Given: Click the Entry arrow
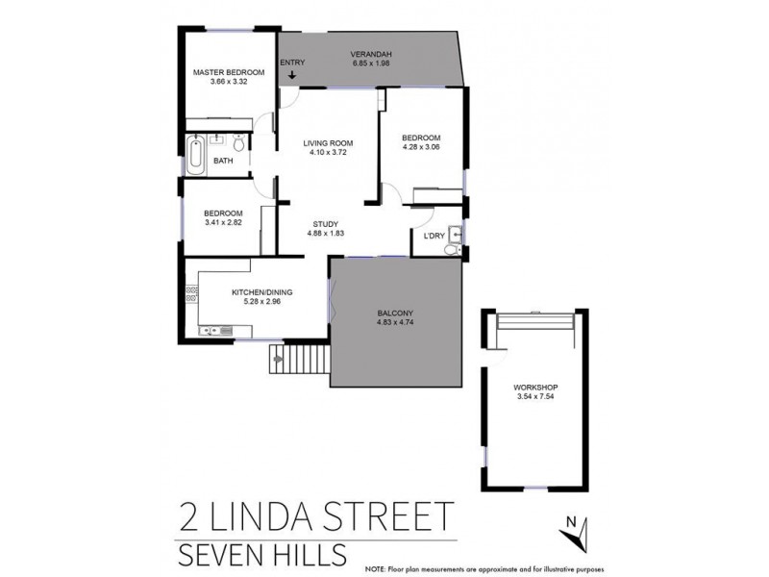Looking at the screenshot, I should coord(292,76).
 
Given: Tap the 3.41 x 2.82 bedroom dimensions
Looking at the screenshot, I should coord(223,223).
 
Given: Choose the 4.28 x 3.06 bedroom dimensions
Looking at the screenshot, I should coord(420,148).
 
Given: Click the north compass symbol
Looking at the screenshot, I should coord(575,528).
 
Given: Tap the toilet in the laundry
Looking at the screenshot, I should coord(452,249).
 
